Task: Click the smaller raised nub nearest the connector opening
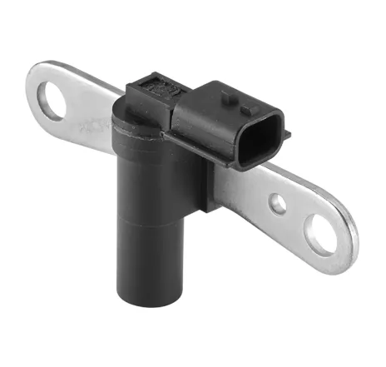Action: point(245,108)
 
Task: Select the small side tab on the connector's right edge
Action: point(287,132)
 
